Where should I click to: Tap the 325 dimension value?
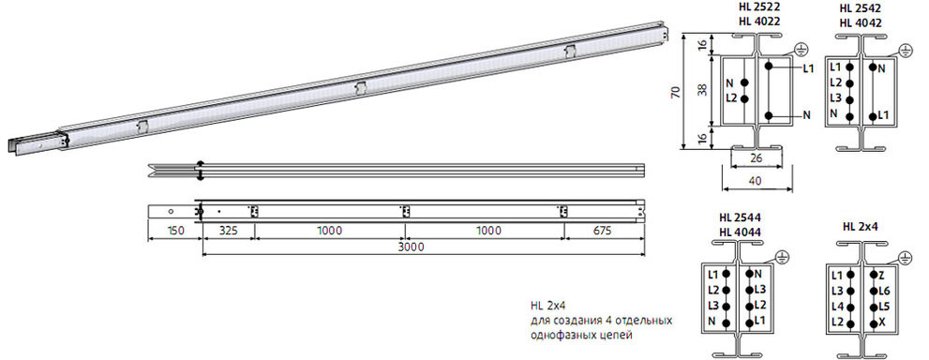pos(228,231)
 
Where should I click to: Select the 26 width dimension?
pos(756,158)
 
